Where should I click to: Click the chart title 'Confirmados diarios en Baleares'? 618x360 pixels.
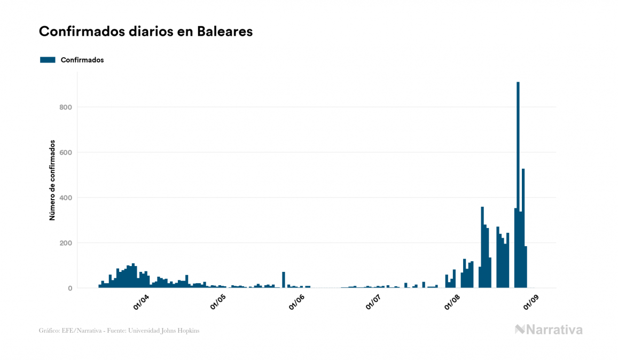pos(145,32)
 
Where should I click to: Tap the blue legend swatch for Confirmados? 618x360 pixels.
pos(48,60)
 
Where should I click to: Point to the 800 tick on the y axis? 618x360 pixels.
pos(66,107)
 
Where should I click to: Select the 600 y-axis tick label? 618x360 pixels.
pos(66,153)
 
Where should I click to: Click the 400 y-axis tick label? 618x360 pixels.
pos(66,198)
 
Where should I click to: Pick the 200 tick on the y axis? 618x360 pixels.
pos(66,243)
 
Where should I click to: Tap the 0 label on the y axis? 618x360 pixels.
pos(70,288)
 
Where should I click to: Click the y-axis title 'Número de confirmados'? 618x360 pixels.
pos(52,181)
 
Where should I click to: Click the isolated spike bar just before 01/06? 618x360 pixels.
pos(284,280)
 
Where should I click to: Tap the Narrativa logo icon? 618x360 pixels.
pos(520,330)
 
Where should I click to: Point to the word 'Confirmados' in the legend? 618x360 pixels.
pos(82,60)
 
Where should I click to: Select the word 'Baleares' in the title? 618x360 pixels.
pos(224,32)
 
